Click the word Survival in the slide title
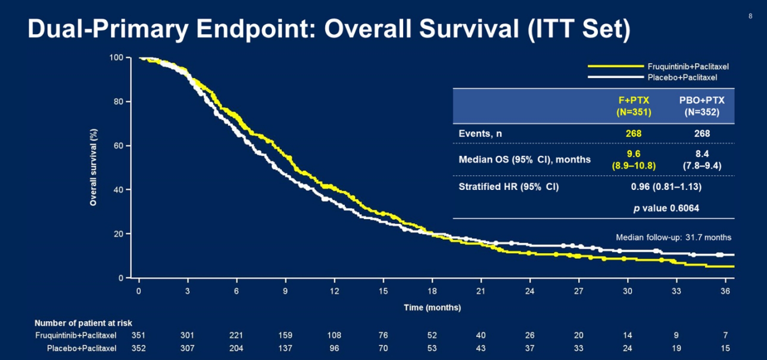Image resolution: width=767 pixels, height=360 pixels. pos(469,28)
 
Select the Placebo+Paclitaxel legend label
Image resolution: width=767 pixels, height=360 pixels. pos(682,78)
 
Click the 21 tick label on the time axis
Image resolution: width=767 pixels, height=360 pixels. pos(480,291)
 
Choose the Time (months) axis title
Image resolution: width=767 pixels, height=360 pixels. pos(432,307)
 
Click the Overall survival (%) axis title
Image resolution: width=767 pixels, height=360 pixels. pos(94,167)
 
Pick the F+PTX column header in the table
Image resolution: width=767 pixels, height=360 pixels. pos(633,100)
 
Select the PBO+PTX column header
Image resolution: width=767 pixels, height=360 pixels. pos(702,100)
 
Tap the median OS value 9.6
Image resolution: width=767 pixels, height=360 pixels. pos(633,154)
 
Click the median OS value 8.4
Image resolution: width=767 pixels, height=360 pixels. pos(702,154)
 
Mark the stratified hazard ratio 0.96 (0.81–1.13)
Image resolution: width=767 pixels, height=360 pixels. pos(666,186)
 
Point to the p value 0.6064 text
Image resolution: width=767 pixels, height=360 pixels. pos(666,208)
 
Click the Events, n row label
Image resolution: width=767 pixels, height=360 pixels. pos(480,133)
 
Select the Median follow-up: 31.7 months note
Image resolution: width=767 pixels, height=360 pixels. pos(673,237)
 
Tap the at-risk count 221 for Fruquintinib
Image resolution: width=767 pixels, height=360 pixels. pos(236,335)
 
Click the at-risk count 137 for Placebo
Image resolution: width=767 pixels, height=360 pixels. pos(285,348)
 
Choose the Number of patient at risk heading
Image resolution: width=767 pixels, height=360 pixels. pos(83,323)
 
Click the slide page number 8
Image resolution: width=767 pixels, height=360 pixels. pos(750,16)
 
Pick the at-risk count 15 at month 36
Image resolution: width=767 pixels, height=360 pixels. pos(725,348)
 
